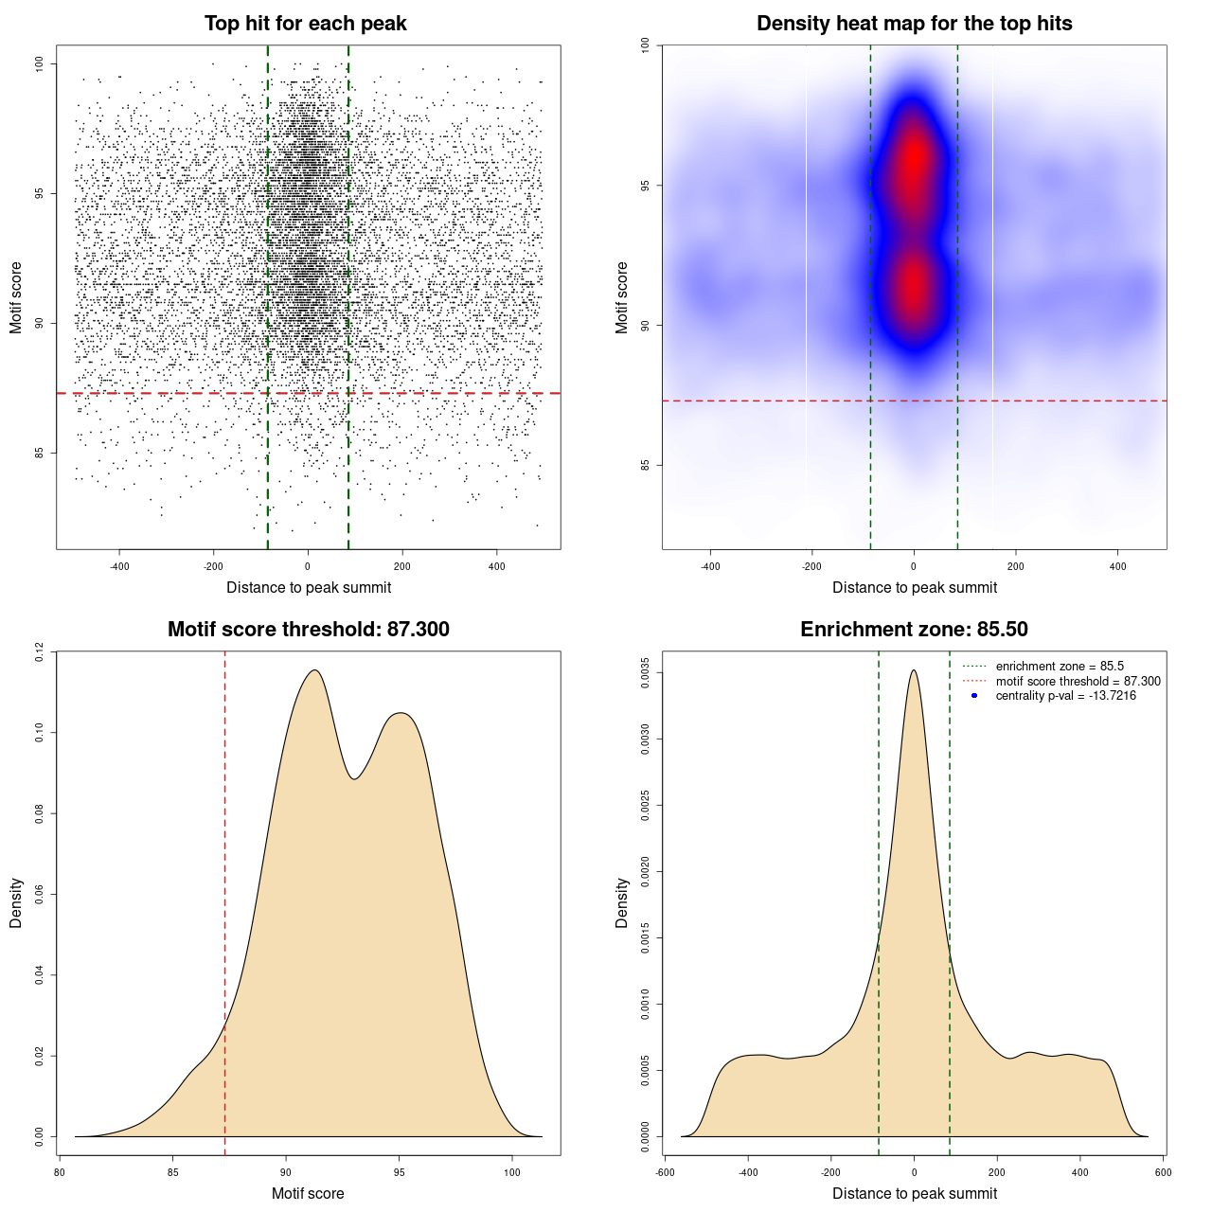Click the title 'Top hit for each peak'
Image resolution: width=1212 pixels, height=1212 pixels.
tap(305, 24)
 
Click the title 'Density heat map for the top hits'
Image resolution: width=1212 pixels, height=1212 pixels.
tap(914, 24)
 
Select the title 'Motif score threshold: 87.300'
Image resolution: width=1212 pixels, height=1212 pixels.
tap(308, 630)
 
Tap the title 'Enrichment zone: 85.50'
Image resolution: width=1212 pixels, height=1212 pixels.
tap(914, 630)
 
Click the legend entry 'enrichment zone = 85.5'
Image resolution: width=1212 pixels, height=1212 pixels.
tap(1060, 667)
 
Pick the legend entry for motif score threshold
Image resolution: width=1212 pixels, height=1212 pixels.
tap(1078, 682)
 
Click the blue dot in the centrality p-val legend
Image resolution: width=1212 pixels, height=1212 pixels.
tap(974, 696)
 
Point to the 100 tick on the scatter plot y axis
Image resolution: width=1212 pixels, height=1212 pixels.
tap(40, 63)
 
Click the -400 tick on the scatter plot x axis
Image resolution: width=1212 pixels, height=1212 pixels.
tap(119, 567)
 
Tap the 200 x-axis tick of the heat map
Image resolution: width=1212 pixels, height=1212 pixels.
tap(1016, 567)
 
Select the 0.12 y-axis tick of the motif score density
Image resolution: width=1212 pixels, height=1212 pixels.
tap(40, 651)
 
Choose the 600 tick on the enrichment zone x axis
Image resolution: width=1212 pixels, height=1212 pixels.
tap(1164, 1172)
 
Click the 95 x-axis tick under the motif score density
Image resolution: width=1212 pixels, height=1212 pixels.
tap(400, 1172)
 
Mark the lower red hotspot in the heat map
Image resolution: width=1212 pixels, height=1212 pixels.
tap(914, 289)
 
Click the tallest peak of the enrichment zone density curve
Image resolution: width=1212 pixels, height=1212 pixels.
tap(914, 671)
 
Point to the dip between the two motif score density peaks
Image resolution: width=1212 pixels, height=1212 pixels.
tap(354, 778)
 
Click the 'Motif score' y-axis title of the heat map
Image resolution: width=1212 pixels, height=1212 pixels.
tap(622, 297)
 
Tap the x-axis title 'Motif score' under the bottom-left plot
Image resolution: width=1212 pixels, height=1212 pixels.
tap(308, 1193)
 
